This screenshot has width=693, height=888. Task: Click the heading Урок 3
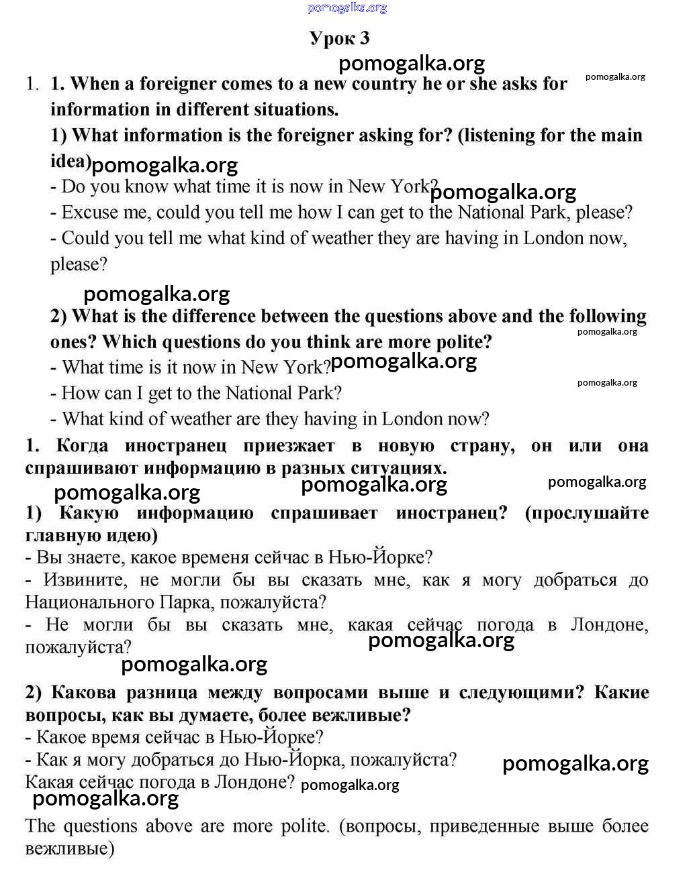pos(339,38)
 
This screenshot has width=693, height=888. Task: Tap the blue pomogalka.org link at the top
pos(347,7)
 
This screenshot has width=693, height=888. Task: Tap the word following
pos(607,316)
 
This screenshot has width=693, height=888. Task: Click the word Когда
pos(82,446)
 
